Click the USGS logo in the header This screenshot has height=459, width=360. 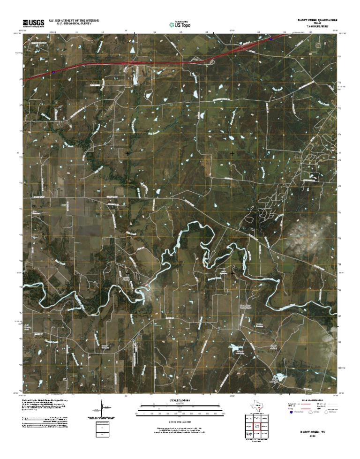tap(32, 23)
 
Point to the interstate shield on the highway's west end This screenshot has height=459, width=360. tap(53, 72)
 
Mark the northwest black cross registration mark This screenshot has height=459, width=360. tap(127, 153)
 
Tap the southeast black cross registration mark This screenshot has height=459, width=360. tap(232, 272)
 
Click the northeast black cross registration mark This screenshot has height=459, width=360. tap(232, 153)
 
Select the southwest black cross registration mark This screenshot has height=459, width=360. tap(127, 272)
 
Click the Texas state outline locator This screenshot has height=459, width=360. tap(257, 406)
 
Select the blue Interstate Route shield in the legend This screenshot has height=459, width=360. tap(291, 413)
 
